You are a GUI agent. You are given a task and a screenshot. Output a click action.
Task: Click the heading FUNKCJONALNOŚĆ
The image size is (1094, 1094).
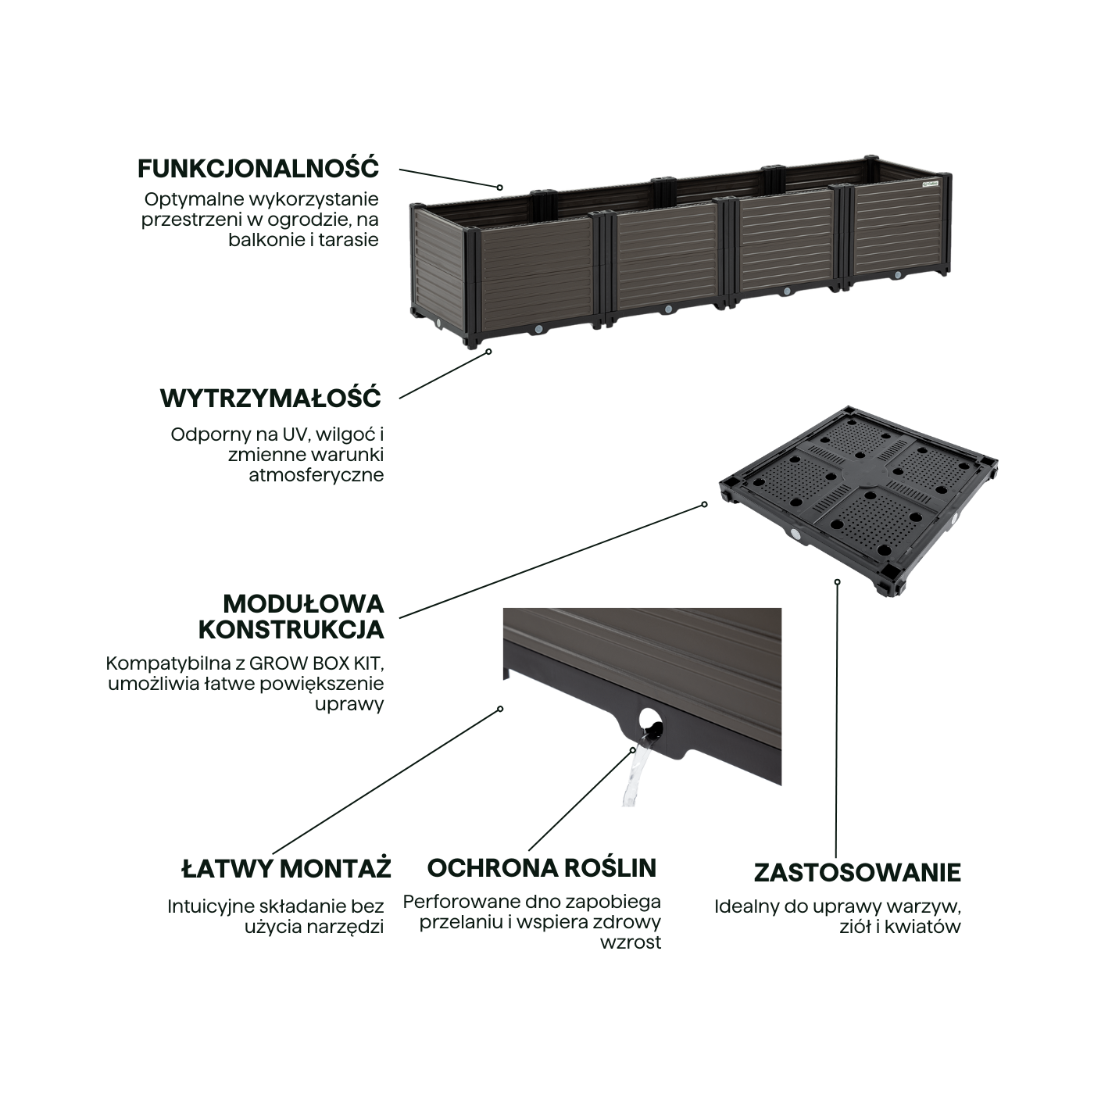point(258,168)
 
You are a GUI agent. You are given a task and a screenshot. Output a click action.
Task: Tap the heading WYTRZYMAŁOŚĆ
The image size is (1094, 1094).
point(270,398)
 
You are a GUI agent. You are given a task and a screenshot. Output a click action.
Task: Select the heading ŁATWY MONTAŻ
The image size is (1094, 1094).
point(286,868)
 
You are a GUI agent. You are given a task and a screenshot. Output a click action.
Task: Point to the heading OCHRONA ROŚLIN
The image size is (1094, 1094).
point(542,867)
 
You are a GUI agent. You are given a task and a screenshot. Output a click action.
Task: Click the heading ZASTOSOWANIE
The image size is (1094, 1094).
point(857,872)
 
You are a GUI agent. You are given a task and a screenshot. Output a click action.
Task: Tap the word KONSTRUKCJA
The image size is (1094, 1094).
point(291,629)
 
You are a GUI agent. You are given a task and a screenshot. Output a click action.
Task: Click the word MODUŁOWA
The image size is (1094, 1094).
point(303,603)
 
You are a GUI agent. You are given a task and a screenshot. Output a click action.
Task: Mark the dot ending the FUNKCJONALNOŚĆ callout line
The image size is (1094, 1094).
point(499,188)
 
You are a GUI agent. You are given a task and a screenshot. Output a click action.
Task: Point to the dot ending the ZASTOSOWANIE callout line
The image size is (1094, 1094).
point(837,581)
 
